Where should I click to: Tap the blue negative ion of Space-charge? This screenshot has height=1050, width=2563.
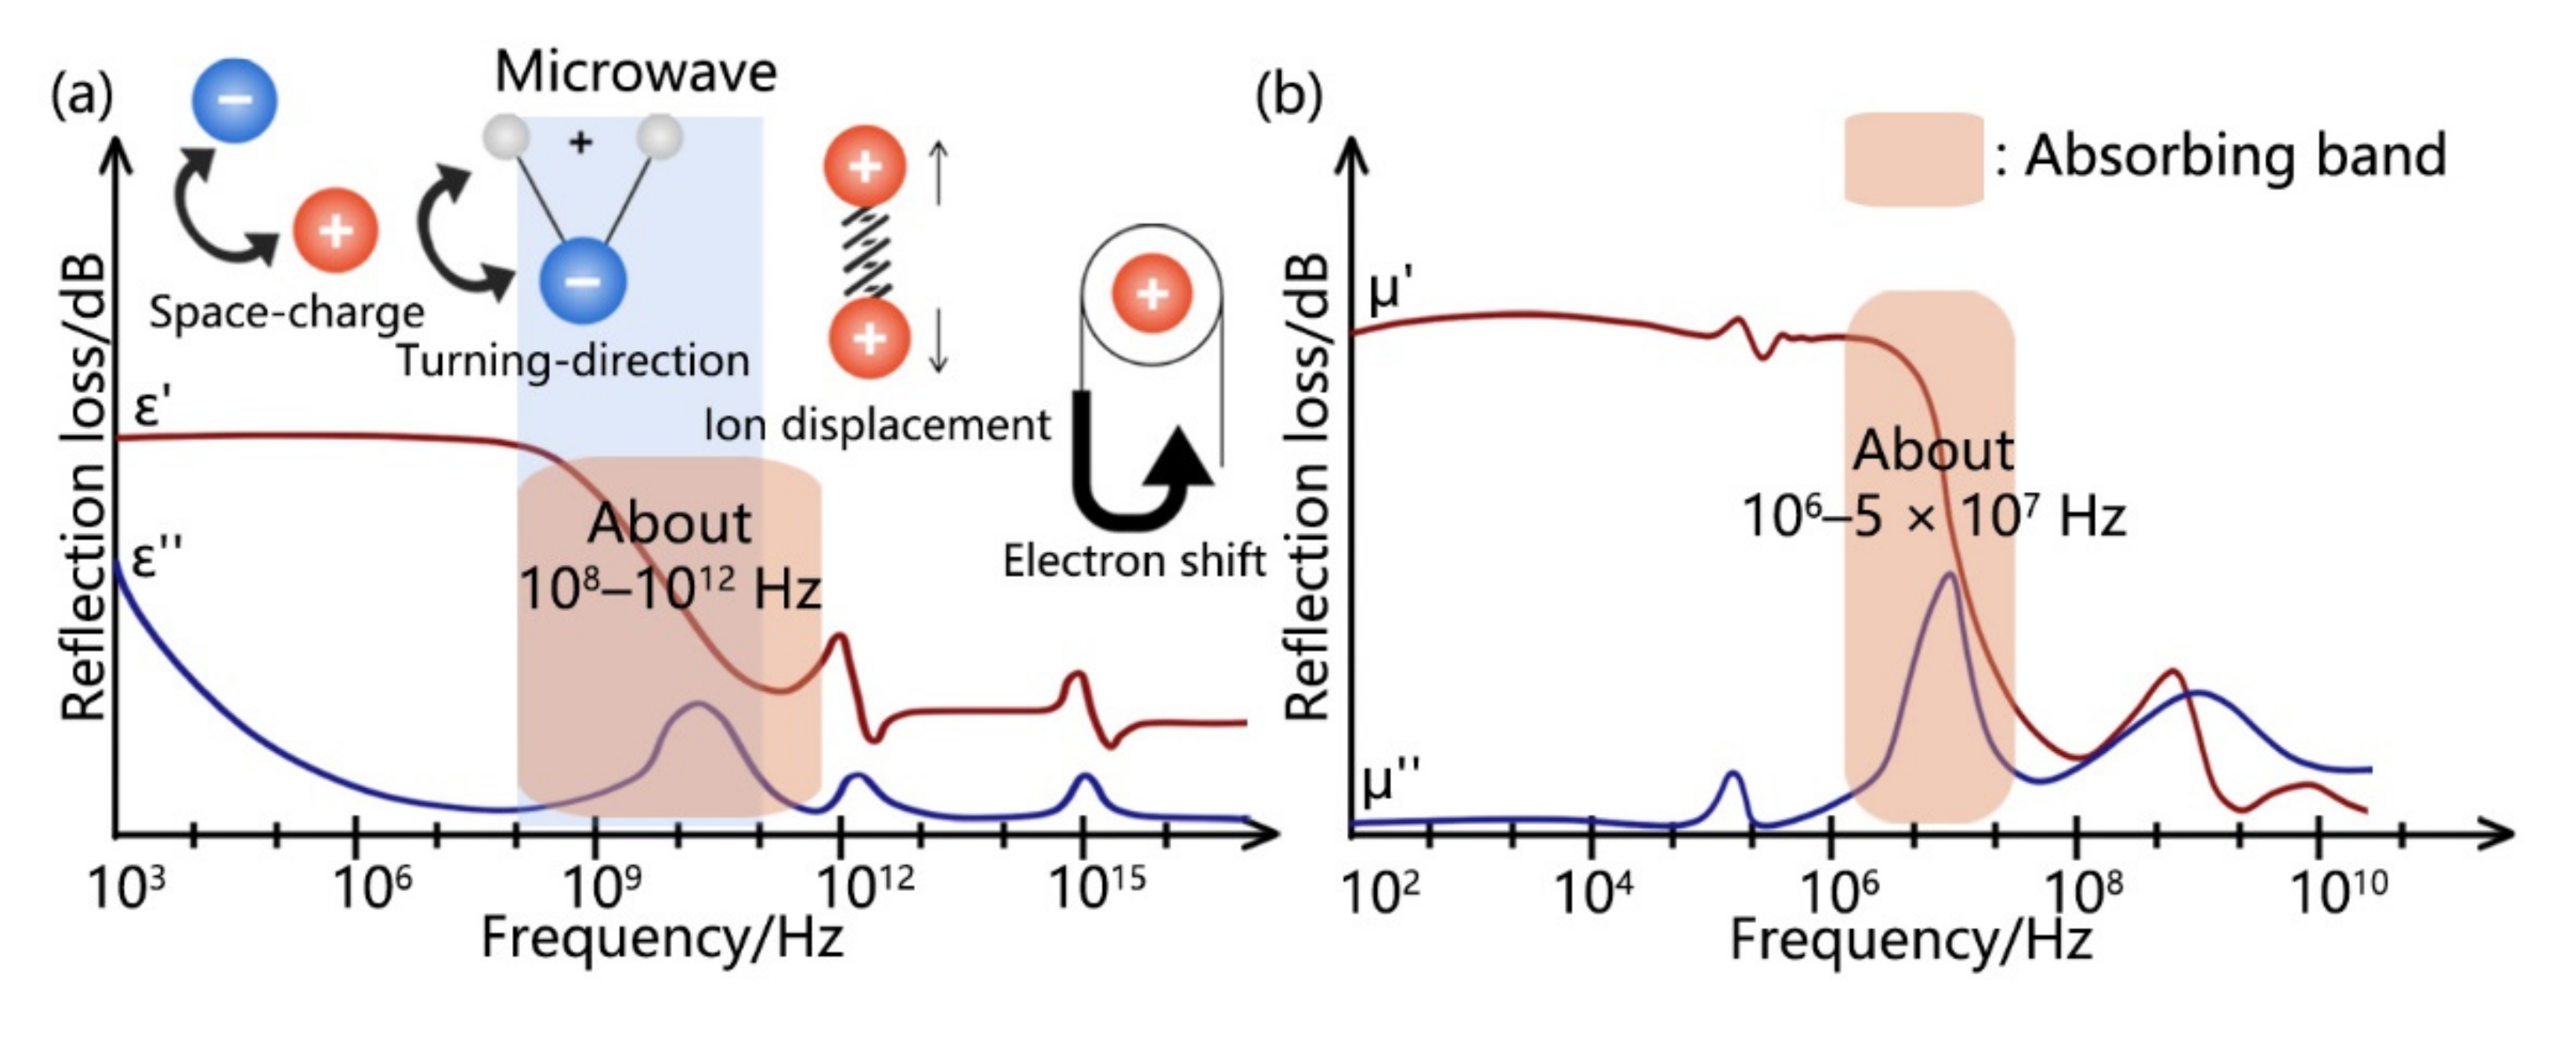[x=235, y=99]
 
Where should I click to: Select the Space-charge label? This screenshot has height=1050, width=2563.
[x=287, y=313]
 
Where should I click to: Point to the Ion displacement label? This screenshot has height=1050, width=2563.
[x=877, y=425]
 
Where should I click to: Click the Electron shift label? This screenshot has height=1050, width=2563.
[x=1133, y=561]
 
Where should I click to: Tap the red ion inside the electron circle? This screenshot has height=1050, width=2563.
[x=1151, y=295]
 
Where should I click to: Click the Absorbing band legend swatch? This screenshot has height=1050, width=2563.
[x=1912, y=159]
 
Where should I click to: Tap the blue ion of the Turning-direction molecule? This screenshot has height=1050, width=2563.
[x=583, y=281]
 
